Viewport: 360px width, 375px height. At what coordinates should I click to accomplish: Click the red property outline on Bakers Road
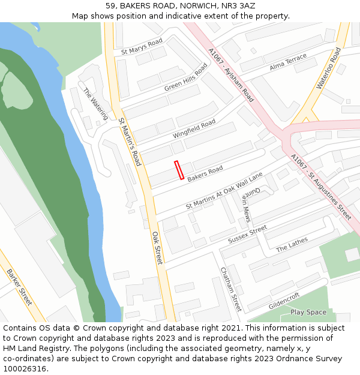tap(179, 170)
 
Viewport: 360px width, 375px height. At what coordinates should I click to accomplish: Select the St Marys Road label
tap(142, 47)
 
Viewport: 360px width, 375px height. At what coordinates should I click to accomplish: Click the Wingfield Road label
tap(194, 128)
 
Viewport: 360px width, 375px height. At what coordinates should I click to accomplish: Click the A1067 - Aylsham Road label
tap(231, 74)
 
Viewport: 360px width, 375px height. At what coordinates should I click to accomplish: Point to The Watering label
tap(96, 104)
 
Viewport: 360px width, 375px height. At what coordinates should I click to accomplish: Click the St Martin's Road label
tap(129, 142)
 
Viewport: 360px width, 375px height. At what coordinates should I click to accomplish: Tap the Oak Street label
tap(157, 248)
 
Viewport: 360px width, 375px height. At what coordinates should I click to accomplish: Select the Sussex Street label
tap(247, 235)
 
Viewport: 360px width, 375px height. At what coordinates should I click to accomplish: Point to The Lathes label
tap(292, 244)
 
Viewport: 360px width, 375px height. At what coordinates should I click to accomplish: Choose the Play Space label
tap(308, 312)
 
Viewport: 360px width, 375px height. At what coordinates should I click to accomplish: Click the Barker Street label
tap(19, 287)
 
